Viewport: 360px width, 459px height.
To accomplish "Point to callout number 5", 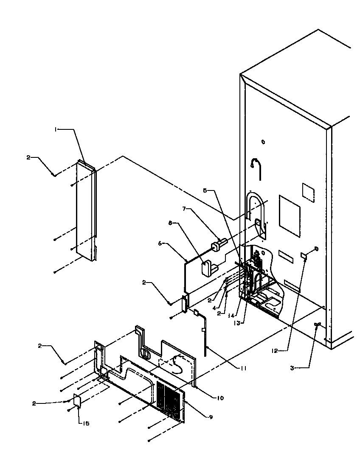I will coord(205,190).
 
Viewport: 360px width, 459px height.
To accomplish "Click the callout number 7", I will coord(184,209).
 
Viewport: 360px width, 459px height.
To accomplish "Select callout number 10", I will coord(219,398).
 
